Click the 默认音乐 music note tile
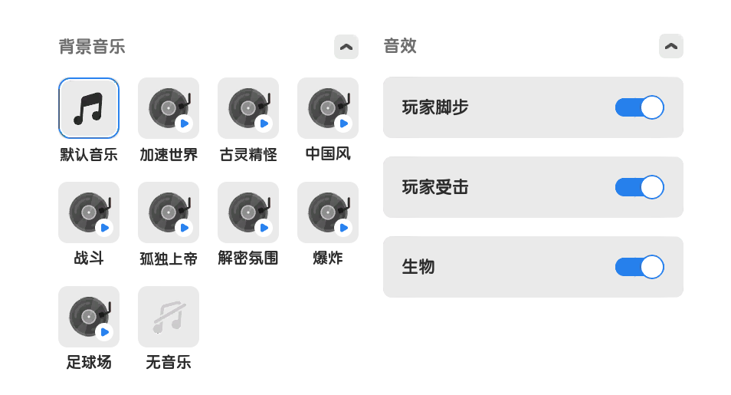tap(89, 108)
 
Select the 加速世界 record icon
tap(169, 108)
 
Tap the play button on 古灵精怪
tap(264, 123)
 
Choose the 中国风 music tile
tap(328, 108)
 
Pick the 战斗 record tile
tap(89, 212)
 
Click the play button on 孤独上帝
tap(184, 228)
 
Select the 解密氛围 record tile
tap(248, 212)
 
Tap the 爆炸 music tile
tap(328, 212)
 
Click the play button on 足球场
tap(104, 332)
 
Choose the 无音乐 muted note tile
tap(169, 317)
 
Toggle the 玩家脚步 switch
tap(640, 107)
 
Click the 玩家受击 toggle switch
tap(640, 187)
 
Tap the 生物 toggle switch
tap(640, 267)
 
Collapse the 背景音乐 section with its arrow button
tap(346, 47)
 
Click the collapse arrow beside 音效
tap(671, 46)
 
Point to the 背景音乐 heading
tap(92, 47)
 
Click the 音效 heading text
tap(400, 46)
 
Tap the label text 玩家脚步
tap(435, 107)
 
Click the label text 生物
tap(418, 267)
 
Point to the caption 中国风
tap(328, 153)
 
